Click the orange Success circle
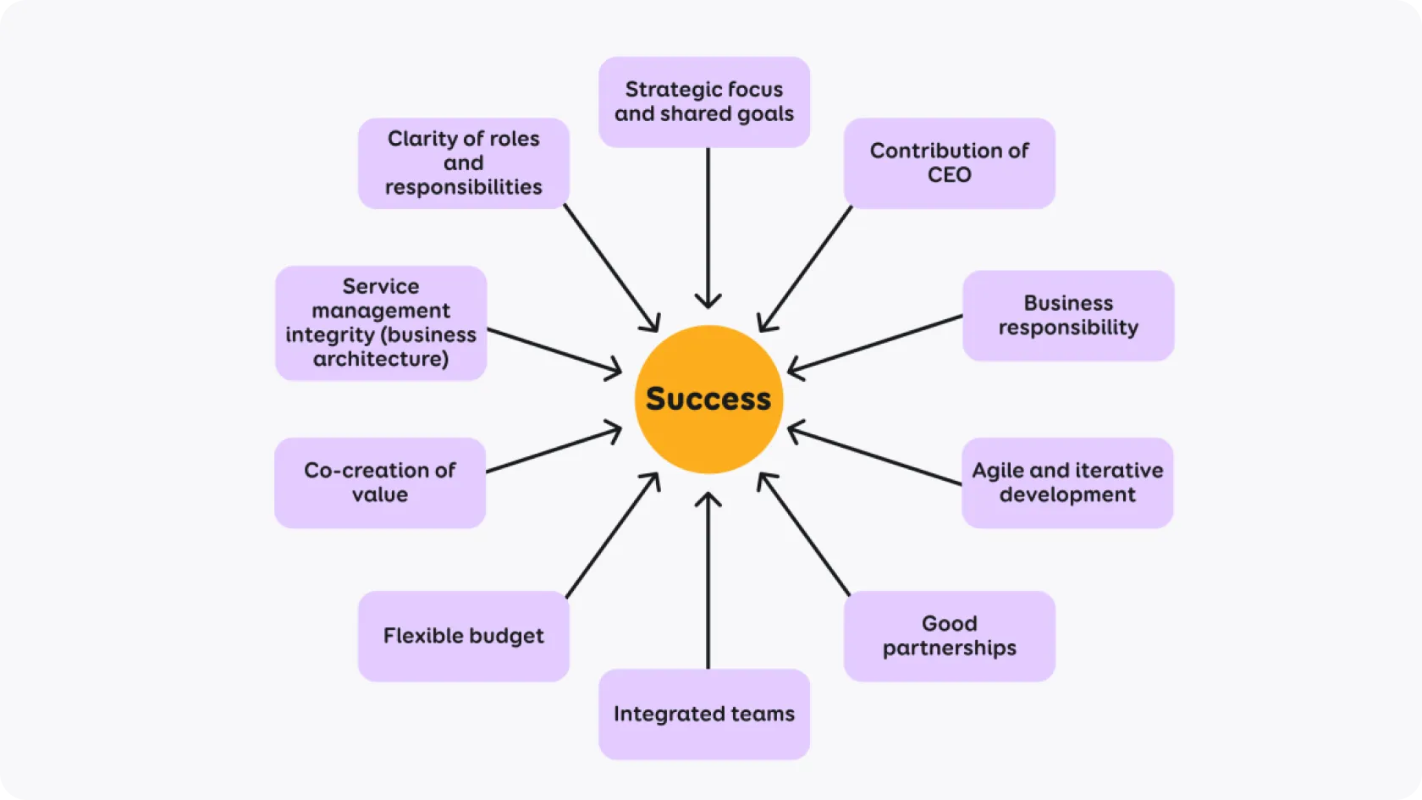pos(708,399)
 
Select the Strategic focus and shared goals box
pos(704,102)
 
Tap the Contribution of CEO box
pos(949,163)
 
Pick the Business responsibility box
pos(1068,315)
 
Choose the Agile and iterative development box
pos(1067,483)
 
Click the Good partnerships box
pos(949,636)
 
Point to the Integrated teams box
pos(704,714)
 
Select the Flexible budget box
pos(464,636)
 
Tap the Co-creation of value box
pos(380,483)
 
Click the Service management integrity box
pos(381,323)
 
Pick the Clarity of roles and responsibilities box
pos(464,163)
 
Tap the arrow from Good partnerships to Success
pos(804,534)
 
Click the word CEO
pos(949,175)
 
